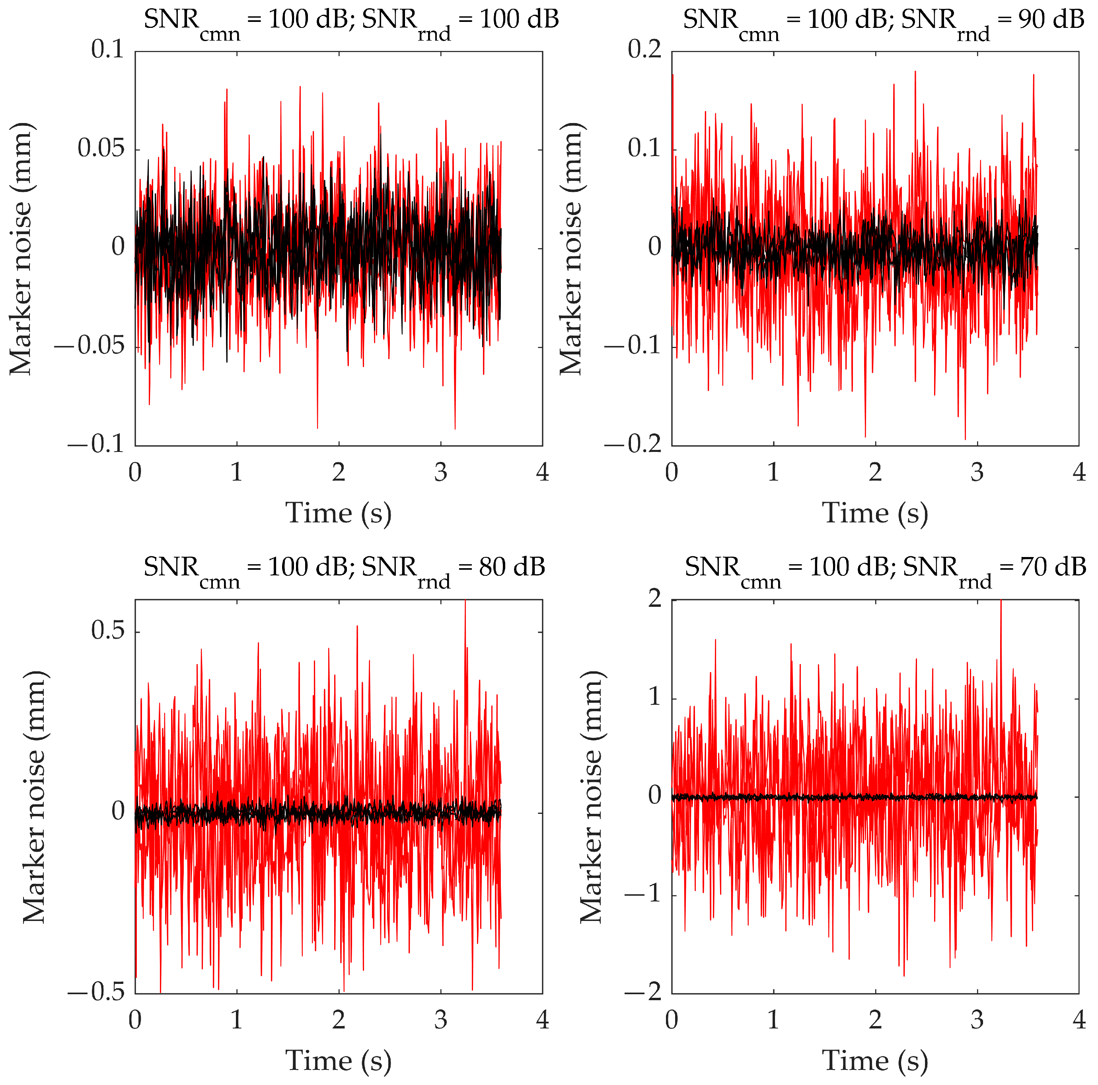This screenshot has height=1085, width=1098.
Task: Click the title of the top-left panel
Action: point(350,22)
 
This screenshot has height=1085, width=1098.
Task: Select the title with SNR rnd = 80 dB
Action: point(344,569)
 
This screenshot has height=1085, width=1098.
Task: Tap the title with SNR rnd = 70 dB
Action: point(885,569)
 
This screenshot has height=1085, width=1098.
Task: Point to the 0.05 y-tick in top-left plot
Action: point(101,149)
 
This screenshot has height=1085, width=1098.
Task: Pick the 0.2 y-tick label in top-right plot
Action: point(644,50)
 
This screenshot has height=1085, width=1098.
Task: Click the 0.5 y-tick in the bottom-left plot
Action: point(107,631)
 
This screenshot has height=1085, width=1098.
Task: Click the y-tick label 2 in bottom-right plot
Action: point(655,599)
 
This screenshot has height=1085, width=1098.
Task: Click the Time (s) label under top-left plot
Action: point(338,514)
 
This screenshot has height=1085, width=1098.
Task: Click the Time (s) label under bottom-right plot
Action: point(875,1061)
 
